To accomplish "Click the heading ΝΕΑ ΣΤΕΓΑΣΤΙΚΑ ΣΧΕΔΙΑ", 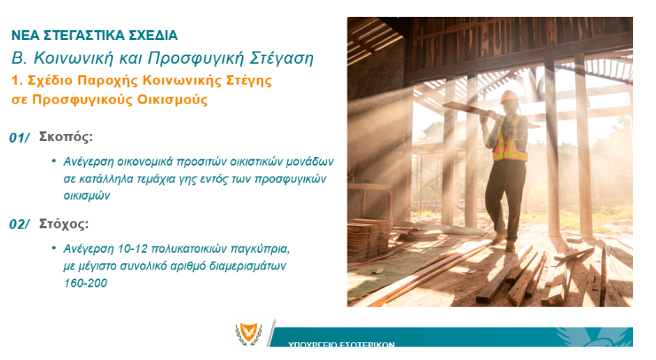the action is click(95, 35).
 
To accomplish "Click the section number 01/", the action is click(20, 137).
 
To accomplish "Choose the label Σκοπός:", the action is click(66, 137).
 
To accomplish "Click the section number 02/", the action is click(20, 224).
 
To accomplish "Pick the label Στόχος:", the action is click(64, 224).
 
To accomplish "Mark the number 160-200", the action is click(85, 284).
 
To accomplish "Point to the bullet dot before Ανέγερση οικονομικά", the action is click(53, 160).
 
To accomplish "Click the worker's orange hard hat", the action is click(509, 98).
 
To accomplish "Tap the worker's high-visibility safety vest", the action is click(510, 140).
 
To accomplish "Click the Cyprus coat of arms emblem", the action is click(249, 333).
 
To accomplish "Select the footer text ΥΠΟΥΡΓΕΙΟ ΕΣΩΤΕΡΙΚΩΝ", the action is click(341, 345).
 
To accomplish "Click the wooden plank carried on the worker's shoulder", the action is click(489, 113).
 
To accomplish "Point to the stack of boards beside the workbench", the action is click(369, 239).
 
